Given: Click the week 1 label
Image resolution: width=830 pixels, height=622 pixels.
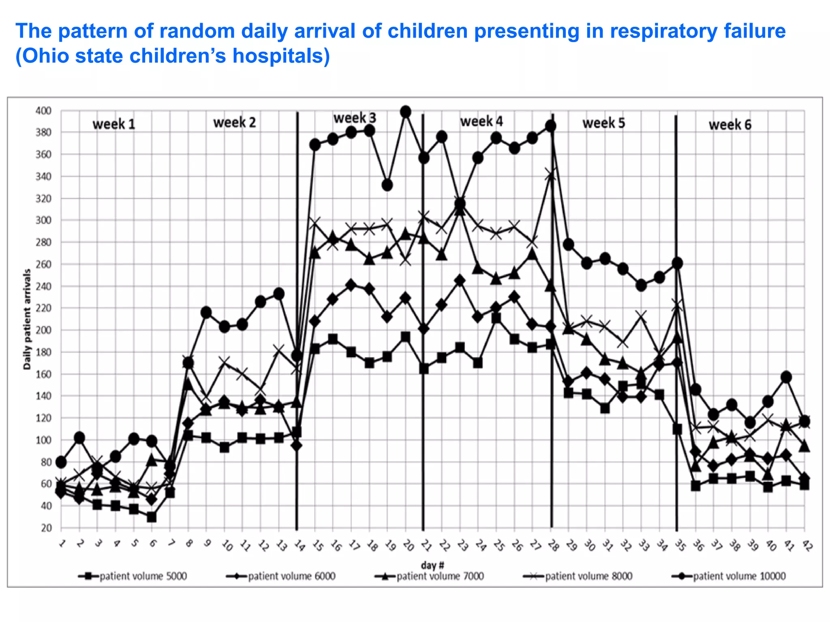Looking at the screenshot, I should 113,124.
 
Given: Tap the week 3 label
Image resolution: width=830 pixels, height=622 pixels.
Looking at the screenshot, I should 355,118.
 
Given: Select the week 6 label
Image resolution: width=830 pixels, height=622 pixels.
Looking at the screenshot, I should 730,125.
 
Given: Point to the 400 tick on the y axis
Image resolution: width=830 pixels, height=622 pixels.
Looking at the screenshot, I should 43,111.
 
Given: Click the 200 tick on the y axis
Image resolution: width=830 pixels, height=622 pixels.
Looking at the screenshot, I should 43,330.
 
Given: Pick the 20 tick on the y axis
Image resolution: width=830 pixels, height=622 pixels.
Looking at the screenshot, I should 46,528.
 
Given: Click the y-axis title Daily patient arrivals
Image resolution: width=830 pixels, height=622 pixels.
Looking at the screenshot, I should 27,320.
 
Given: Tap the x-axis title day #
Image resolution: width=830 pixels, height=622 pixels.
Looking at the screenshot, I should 432,565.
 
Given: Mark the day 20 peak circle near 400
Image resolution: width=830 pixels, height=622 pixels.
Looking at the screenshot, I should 405,111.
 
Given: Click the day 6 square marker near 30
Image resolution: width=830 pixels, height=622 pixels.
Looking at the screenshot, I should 152,517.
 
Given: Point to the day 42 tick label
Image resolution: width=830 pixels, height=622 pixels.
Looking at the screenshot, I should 807,546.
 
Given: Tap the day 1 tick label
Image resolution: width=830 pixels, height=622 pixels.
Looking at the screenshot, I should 62,543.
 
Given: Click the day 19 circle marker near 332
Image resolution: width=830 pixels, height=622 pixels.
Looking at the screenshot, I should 387,185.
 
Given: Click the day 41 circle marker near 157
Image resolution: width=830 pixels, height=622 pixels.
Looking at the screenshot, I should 786,377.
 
